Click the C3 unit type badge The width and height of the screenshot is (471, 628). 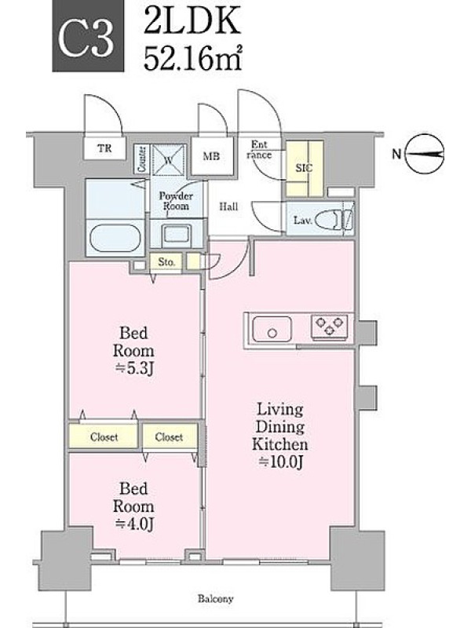[88, 36]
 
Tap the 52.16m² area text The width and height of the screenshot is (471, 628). [192, 58]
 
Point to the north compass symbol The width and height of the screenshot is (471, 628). [424, 153]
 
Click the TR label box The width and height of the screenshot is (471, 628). [104, 148]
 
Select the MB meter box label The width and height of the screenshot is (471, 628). [211, 156]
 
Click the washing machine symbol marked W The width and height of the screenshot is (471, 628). [169, 159]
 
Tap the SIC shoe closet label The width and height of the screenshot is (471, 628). [304, 168]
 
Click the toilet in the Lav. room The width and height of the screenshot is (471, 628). [334, 221]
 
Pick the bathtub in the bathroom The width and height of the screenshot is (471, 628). [115, 238]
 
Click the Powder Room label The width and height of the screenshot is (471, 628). [176, 201]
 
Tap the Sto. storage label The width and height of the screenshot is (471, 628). [166, 262]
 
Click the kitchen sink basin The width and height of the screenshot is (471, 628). [272, 329]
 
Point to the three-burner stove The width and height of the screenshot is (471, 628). [330, 325]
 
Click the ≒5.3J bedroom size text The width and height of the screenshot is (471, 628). [133, 368]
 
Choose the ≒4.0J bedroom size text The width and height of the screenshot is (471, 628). [133, 524]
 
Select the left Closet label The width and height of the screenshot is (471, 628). [104, 437]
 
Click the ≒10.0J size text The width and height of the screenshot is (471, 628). [280, 462]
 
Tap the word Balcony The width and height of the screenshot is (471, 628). [215, 599]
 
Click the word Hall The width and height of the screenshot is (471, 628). [228, 206]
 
